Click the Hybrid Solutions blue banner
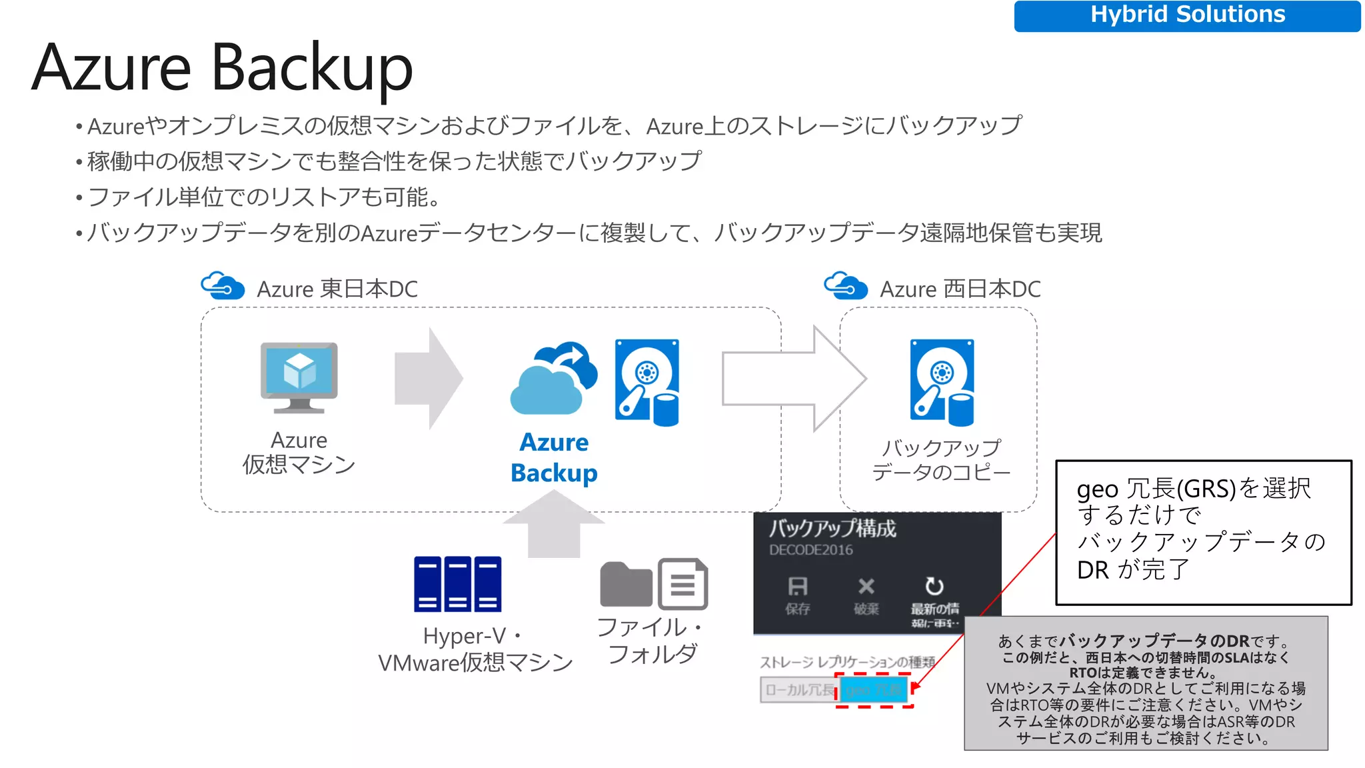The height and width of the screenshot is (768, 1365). coord(1186,15)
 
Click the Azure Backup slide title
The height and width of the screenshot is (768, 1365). coord(222,67)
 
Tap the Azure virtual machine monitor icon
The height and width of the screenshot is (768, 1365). coord(299,377)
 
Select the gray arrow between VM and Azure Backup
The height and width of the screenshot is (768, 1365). coord(428,379)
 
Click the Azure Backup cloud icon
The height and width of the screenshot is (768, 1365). coord(553,380)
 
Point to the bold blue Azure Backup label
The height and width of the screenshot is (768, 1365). coord(554,457)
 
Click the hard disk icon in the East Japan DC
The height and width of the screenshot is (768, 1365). coord(647,383)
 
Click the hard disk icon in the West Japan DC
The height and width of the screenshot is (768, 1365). coord(942,383)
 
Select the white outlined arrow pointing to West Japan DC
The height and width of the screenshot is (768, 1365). coord(793,379)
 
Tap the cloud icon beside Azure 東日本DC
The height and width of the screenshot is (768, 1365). coord(223,287)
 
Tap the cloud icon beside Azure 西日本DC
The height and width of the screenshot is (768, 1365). coord(845,287)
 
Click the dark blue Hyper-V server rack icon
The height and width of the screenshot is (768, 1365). coord(457,584)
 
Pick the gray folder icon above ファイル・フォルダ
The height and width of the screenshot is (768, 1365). coord(625,584)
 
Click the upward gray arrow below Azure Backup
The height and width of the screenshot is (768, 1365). coord(554,525)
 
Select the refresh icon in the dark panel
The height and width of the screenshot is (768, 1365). coord(934,587)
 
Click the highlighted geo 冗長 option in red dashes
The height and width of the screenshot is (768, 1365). coord(873,690)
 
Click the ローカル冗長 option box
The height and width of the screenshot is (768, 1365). coord(798,690)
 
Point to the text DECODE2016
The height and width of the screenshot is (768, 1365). coord(810,550)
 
